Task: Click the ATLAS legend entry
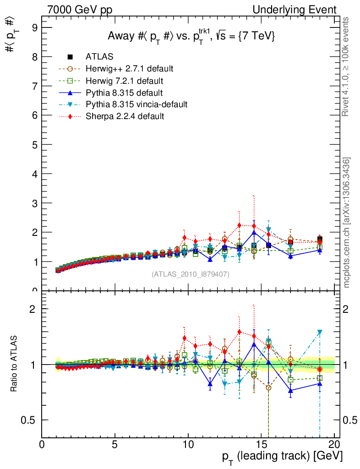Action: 99,57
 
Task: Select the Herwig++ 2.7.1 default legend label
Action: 129,69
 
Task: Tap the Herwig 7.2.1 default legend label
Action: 124,81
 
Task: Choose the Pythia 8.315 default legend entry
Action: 121,93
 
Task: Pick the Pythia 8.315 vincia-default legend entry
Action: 136,104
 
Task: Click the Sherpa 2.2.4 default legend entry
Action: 125,116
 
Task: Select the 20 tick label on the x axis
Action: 334,446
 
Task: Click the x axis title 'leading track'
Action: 282,456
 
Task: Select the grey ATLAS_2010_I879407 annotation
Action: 190,274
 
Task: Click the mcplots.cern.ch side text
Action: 347,223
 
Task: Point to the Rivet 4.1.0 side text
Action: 347,66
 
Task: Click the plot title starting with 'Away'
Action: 191,37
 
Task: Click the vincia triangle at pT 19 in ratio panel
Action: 320,332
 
